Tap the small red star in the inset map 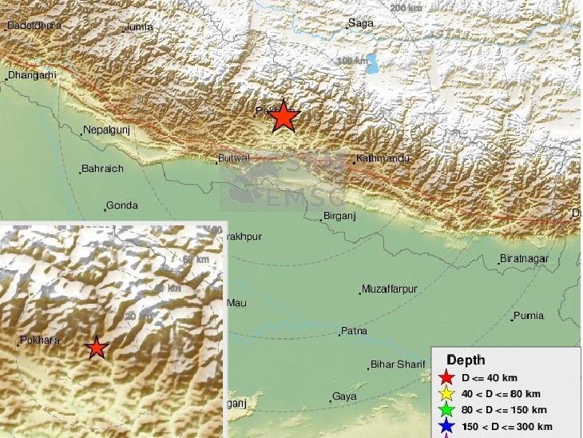click(96, 347)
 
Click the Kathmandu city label click(384, 158)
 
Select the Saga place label click(361, 23)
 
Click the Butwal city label click(235, 158)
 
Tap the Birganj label click(341, 216)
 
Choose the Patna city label click(353, 331)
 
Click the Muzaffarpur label click(390, 288)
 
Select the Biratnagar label click(525, 259)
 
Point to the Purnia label click(529, 316)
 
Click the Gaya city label click(345, 396)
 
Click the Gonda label click(122, 205)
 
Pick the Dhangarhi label click(33, 75)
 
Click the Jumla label click(139, 28)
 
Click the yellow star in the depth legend click(446, 393)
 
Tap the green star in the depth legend click(446, 410)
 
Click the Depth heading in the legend click(465, 360)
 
